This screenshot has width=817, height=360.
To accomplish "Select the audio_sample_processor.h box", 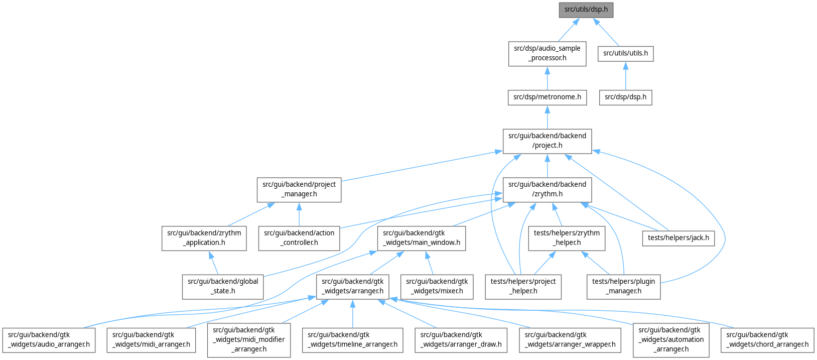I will click(x=547, y=53).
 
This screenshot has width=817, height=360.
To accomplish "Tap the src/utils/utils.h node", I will click(x=625, y=53).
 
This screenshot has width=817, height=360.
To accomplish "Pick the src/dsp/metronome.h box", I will click(x=547, y=97).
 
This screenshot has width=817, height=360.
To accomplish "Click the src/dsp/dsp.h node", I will click(x=625, y=97).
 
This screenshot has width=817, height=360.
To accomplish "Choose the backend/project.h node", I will click(x=547, y=141).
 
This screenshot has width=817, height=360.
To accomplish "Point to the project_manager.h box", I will click(x=299, y=189).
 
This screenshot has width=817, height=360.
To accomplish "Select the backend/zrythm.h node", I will click(x=547, y=189).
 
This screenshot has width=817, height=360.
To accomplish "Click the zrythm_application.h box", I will click(x=204, y=238).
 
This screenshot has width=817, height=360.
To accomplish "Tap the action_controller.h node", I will click(x=299, y=238).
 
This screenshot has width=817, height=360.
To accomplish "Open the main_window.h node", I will click(x=421, y=238).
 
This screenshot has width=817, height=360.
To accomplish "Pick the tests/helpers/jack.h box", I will click(x=678, y=237).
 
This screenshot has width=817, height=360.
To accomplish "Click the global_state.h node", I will click(x=222, y=286).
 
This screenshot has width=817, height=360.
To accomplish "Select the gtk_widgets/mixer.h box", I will click(x=437, y=286).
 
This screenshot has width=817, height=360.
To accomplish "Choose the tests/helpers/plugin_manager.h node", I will click(x=623, y=286).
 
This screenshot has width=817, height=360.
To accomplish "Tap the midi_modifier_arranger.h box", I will click(x=248, y=339).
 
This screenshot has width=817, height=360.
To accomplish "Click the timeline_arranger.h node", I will click(x=352, y=339).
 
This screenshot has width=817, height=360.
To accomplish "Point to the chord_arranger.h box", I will click(x=767, y=339).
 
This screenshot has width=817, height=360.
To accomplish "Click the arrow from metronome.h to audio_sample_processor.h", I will click(x=547, y=78).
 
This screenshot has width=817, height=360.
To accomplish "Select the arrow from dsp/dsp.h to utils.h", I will click(x=625, y=76).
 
